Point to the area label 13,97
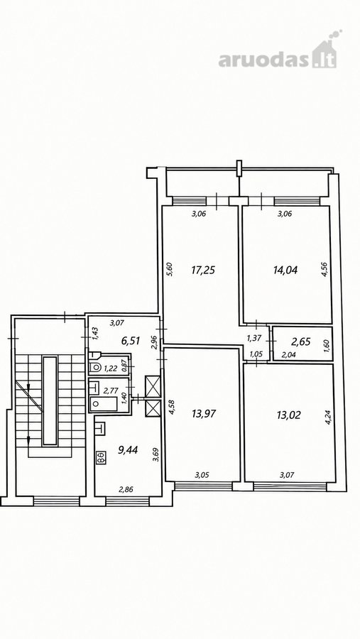(x=204, y=414)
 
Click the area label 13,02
(x=289, y=415)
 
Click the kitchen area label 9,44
(x=128, y=450)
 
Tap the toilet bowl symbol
(x=95, y=367)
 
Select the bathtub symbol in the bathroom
(x=104, y=403)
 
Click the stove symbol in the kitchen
(x=100, y=458)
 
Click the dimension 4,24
(x=328, y=417)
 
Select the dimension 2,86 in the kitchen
(x=126, y=490)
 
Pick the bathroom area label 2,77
(x=110, y=390)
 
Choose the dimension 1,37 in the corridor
(x=253, y=338)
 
